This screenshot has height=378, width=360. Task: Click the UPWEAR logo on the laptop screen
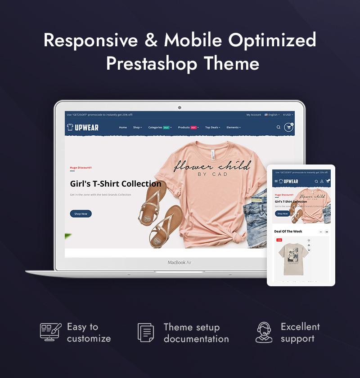tap(83, 127)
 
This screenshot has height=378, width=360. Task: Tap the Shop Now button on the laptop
tap(81, 213)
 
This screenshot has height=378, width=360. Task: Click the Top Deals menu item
tap(212, 127)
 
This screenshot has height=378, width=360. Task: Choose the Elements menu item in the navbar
tap(234, 127)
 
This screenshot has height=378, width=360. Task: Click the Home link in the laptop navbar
tap(123, 127)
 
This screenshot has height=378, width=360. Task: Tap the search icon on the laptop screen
tap(278, 127)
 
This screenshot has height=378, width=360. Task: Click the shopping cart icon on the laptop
tap(288, 127)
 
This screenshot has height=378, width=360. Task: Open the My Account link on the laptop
tap(253, 115)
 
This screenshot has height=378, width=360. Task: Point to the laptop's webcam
tap(180, 107)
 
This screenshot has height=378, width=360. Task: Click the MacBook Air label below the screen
tap(180, 262)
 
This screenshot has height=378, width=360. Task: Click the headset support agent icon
tap(264, 333)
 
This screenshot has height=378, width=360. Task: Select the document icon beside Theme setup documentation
tap(145, 333)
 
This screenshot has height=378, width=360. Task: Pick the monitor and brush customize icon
tap(50, 332)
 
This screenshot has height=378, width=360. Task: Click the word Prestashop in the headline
tap(153, 63)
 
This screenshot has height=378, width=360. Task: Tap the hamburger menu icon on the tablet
tap(276, 181)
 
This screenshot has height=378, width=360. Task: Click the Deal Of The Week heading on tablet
tap(288, 231)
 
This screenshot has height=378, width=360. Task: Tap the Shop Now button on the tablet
tap(282, 213)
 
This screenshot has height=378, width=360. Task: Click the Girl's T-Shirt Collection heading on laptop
tap(116, 183)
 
